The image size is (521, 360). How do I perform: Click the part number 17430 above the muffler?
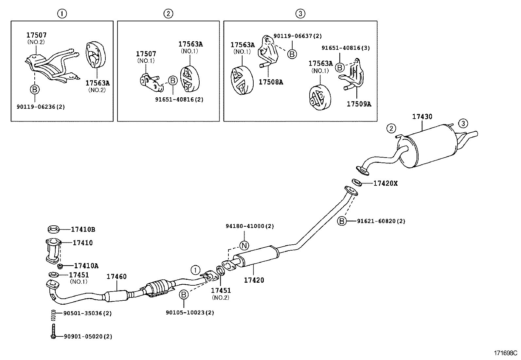click(x=422, y=117)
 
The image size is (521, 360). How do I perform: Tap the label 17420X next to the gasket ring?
click(x=385, y=183)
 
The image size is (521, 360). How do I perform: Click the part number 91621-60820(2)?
click(x=381, y=221)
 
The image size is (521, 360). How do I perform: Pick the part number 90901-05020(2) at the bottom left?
click(x=87, y=336)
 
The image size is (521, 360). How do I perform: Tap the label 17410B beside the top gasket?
click(x=83, y=230)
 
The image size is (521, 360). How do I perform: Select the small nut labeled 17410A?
click(x=60, y=266)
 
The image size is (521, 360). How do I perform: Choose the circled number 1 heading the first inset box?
click(x=62, y=13)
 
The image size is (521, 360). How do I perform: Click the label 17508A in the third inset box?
click(x=271, y=82)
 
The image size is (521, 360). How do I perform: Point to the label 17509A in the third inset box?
click(x=359, y=104)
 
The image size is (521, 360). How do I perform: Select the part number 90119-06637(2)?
click(x=297, y=36)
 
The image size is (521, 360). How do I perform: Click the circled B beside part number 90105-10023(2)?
click(x=184, y=295)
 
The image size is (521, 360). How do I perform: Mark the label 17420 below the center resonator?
click(x=254, y=280)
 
